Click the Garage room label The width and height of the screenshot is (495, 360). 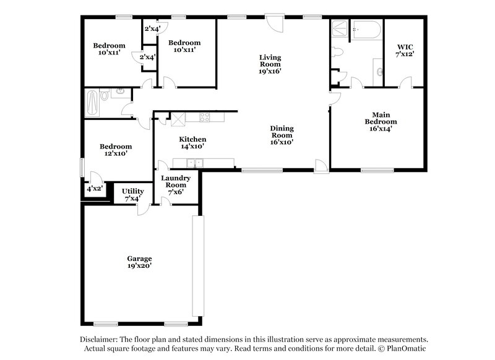(139, 262)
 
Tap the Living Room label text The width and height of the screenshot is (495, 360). (270, 64)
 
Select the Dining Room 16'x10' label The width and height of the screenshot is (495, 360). (282, 135)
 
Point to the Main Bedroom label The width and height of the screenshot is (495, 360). (381, 121)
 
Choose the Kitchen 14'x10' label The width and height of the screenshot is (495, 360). (192, 143)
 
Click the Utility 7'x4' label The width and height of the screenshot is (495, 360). (132, 195)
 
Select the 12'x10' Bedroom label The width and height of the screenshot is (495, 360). (113, 150)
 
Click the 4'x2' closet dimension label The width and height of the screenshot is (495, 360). (95, 189)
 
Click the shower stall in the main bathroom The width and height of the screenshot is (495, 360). (340, 29)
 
